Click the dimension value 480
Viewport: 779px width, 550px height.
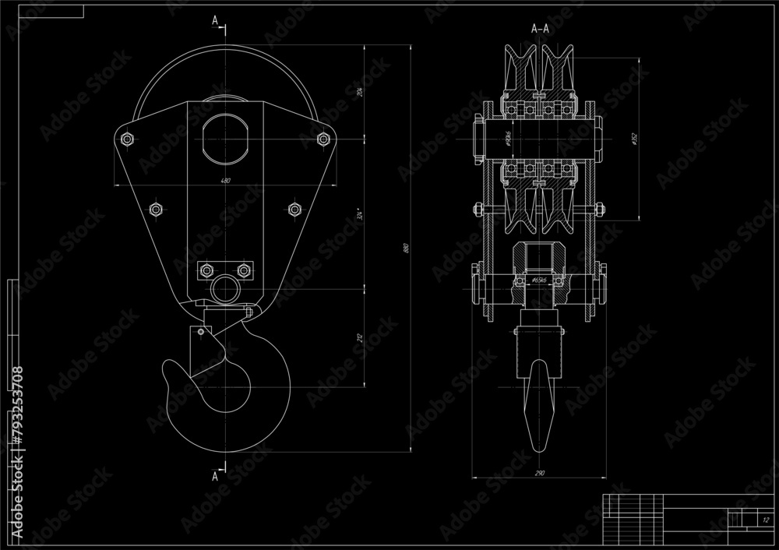(x=226, y=181)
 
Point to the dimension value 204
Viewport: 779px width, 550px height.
(x=361, y=91)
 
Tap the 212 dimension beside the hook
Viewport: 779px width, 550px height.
(x=361, y=337)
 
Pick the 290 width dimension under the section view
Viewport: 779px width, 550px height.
(x=539, y=473)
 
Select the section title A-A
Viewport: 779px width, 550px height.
(x=539, y=28)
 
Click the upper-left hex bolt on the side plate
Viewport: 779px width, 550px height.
(x=127, y=139)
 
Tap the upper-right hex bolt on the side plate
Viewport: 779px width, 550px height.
(x=324, y=139)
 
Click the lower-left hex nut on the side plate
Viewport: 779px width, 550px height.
(x=155, y=209)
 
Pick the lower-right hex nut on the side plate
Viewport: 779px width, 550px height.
(x=295, y=209)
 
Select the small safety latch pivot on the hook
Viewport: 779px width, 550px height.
(x=200, y=333)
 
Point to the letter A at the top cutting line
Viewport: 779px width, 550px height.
(x=215, y=21)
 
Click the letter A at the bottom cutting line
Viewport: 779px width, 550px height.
(x=215, y=475)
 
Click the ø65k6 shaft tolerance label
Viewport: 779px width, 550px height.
(x=539, y=278)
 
